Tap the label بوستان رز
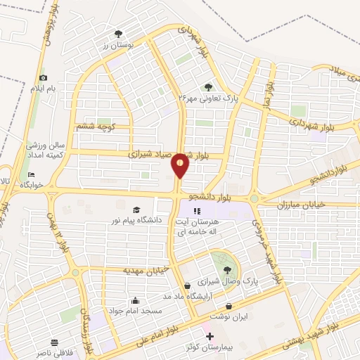click(117, 45)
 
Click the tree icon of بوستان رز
click(118, 34)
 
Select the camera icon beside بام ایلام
click(43, 78)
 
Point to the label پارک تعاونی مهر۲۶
click(208, 99)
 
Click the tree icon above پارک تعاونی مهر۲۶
click(208, 87)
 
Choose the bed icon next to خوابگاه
click(30, 174)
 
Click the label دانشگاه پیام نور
click(136, 221)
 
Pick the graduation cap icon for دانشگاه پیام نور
click(136, 210)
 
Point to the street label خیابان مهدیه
click(124, 271)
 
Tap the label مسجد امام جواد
click(134, 310)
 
